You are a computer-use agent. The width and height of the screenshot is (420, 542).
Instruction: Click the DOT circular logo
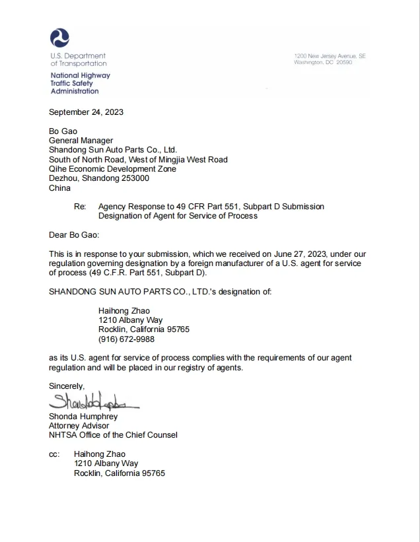[x=59, y=38]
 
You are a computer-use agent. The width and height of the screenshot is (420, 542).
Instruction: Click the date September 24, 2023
[x=87, y=112]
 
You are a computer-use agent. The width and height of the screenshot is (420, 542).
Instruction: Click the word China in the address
[x=59, y=188]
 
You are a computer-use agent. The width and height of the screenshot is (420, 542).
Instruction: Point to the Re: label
[x=81, y=207]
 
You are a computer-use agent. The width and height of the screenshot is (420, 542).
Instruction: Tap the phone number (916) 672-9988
[x=126, y=339]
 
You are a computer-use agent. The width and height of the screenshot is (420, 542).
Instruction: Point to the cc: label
[x=54, y=454]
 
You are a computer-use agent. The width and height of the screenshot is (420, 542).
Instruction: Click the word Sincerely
[x=67, y=386]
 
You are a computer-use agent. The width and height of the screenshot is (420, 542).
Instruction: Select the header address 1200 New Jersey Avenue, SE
[x=330, y=56]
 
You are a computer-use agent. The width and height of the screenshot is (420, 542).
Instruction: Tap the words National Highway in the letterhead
[x=81, y=76]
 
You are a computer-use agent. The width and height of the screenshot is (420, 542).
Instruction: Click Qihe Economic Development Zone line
[x=112, y=169]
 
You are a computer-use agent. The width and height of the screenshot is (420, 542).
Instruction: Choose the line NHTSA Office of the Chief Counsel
[x=113, y=435]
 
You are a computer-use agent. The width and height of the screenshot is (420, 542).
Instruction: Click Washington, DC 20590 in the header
[x=324, y=62]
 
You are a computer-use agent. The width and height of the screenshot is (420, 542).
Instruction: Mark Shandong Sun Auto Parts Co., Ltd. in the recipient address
[x=113, y=150]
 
